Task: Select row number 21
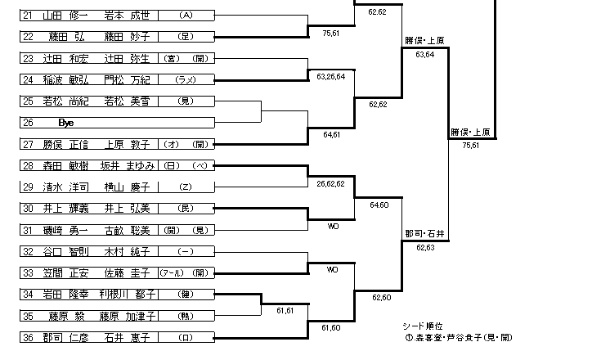[28, 16]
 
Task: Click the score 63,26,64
[330, 76]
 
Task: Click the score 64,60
[379, 205]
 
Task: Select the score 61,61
[285, 311]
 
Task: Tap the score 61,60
[331, 326]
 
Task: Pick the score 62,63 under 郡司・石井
[424, 246]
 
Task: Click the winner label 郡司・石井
[424, 234]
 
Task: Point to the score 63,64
[424, 54]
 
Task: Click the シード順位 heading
[423, 326]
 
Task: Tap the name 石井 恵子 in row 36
[125, 335]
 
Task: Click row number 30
[28, 208]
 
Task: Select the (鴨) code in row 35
[186, 314]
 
